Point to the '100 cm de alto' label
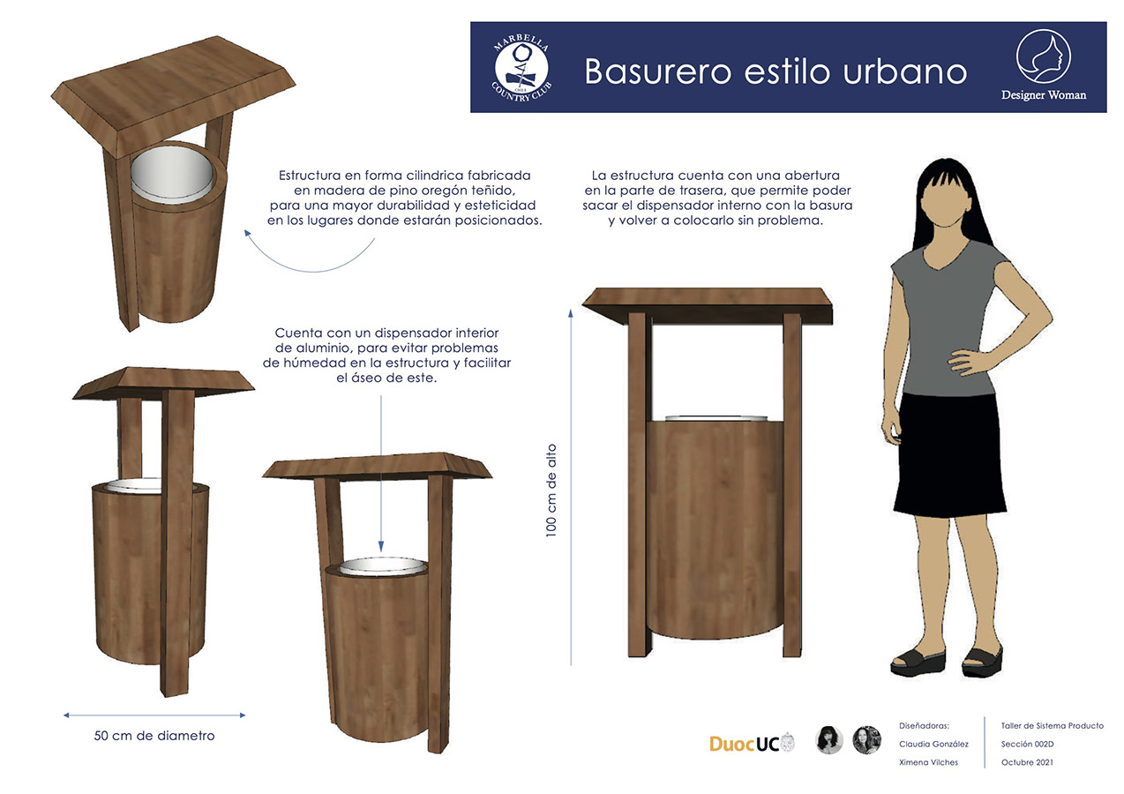(x=551, y=489)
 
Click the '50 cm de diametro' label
(x=154, y=735)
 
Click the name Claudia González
(x=933, y=744)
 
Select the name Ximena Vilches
(x=928, y=761)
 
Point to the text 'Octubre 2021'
(x=1027, y=762)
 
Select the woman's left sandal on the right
(x=982, y=657)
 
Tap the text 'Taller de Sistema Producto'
(x=1052, y=725)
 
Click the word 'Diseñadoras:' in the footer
(x=924, y=725)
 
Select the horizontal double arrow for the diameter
(x=154, y=715)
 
